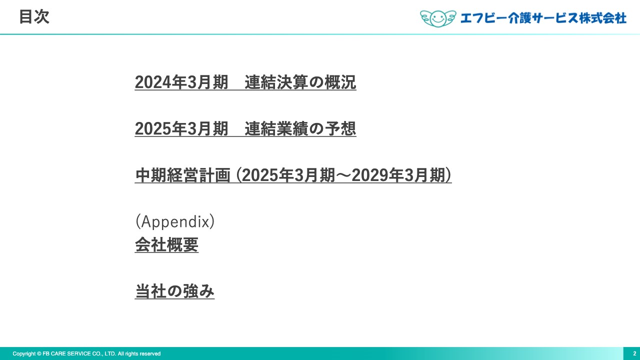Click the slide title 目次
[34, 17]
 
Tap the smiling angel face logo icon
[438, 18]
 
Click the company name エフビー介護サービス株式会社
[543, 18]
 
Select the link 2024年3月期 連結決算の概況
[245, 82]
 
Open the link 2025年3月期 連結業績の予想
[245, 129]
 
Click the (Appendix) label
[174, 221]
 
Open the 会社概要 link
[166, 245]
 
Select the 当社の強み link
[174, 291]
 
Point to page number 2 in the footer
[634, 353]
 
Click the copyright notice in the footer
[86, 353]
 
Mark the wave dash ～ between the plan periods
[343, 175]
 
